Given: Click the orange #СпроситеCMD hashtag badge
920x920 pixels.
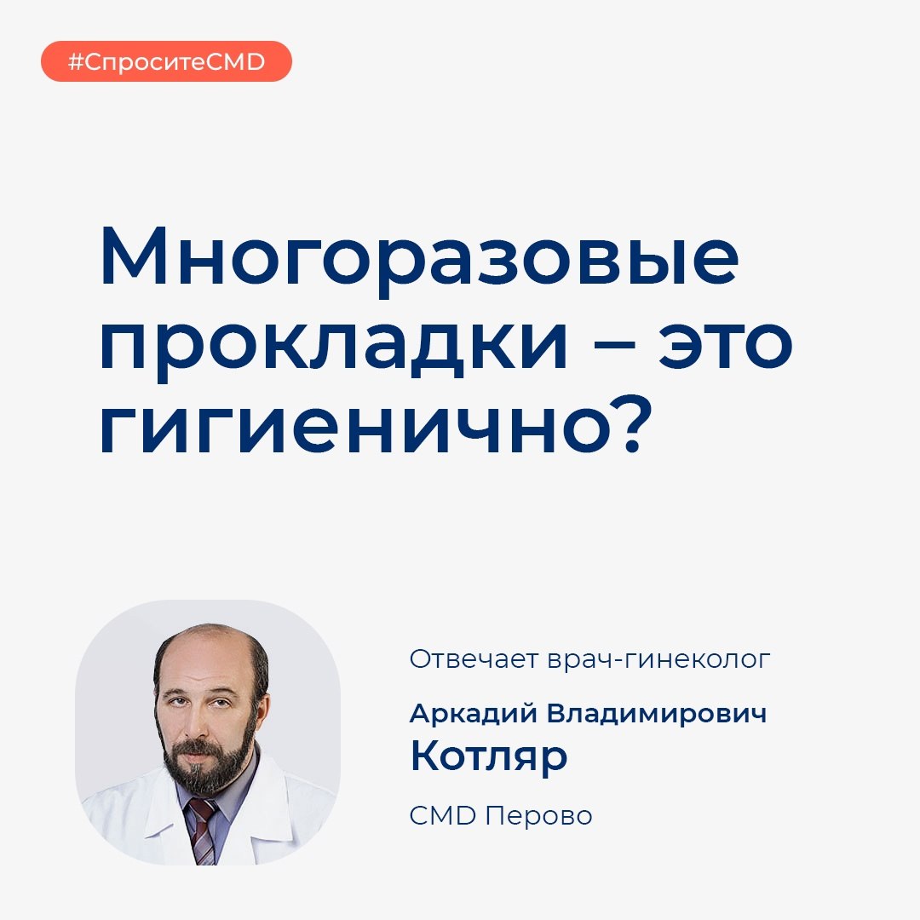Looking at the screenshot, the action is coord(166,61).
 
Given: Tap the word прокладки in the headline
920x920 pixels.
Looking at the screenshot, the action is coord(334,346).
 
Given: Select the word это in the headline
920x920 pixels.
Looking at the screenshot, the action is coord(726,343).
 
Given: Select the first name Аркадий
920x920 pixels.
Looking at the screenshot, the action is coord(473,714).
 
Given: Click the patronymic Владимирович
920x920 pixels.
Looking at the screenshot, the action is coord(657,714).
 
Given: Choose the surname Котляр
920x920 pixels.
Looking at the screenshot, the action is coord(489,757).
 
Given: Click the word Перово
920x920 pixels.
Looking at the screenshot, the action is coord(538,816).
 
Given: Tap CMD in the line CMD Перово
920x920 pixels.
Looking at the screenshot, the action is coord(442,815).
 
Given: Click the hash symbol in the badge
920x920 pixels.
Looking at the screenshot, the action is coord(76,61).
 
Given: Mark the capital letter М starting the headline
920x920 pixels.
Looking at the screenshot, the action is coord(135,256).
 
